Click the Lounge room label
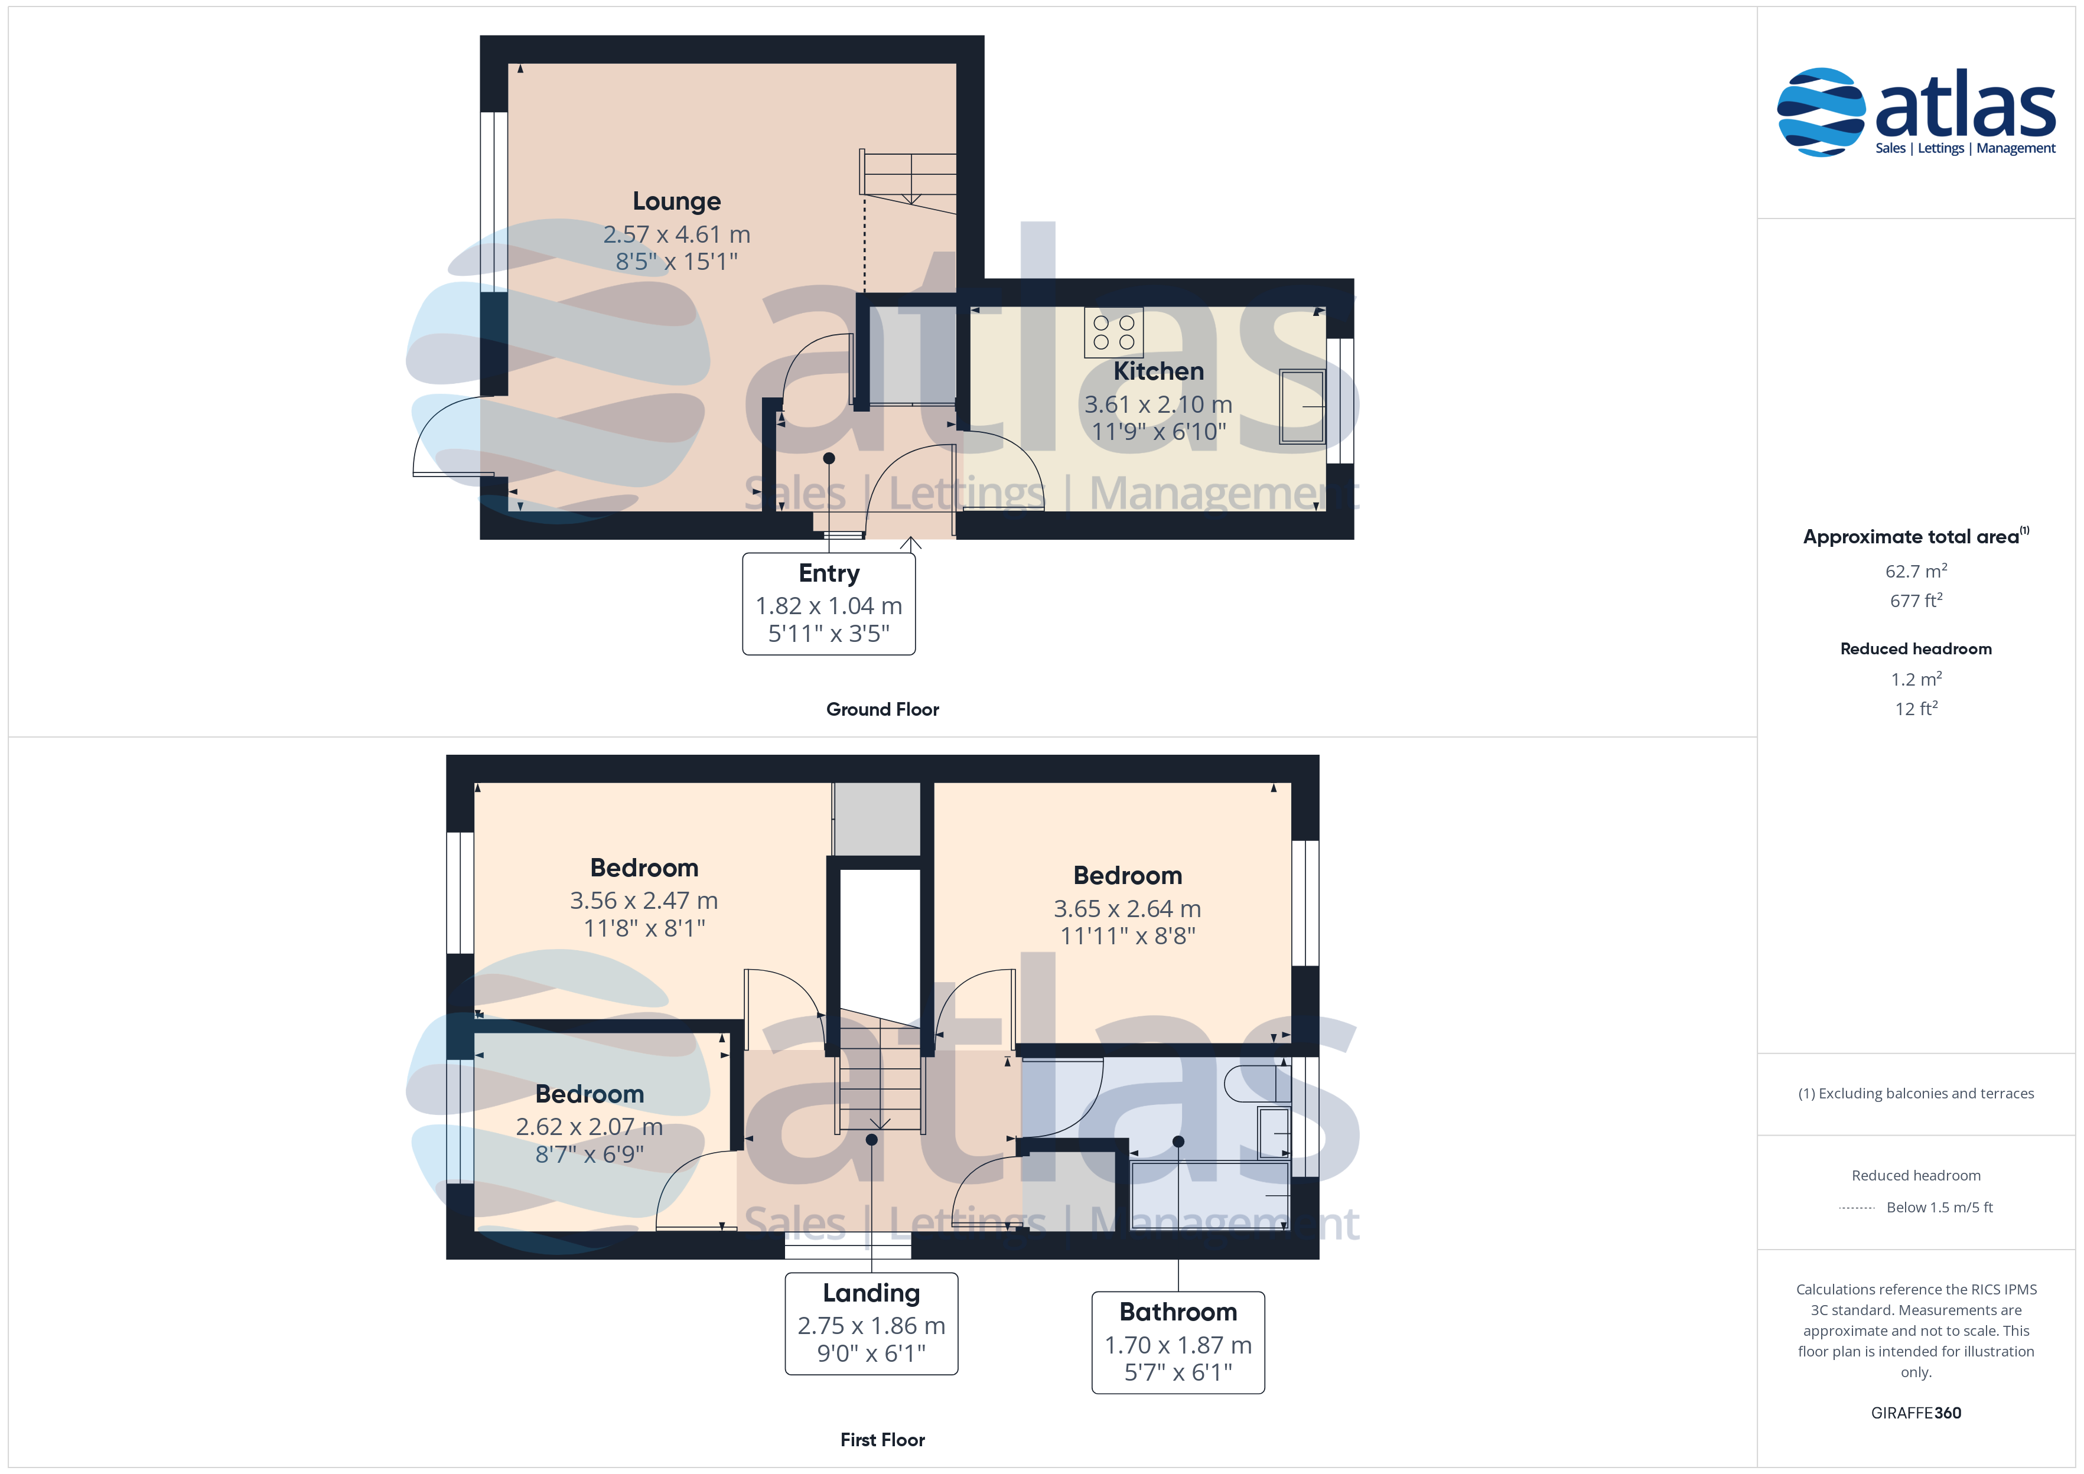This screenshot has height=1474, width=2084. (676, 201)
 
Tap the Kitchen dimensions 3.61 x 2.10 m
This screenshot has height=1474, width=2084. (1158, 404)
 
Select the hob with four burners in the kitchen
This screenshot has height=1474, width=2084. (1113, 332)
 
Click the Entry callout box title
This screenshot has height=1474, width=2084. (829, 573)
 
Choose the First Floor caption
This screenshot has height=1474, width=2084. (883, 1440)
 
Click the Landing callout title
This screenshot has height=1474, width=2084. (871, 1293)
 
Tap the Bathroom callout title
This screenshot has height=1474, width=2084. (1178, 1312)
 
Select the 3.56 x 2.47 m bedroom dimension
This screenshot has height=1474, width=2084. (643, 901)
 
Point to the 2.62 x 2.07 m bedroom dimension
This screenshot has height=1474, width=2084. (589, 1126)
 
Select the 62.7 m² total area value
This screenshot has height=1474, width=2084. (1916, 571)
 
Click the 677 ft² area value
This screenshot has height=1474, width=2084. (1916, 601)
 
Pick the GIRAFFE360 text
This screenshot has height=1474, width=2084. (1916, 1413)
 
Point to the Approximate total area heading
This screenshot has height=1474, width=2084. (1916, 536)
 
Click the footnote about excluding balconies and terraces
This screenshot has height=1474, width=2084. (1916, 1094)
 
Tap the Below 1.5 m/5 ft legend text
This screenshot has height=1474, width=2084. (1940, 1207)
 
